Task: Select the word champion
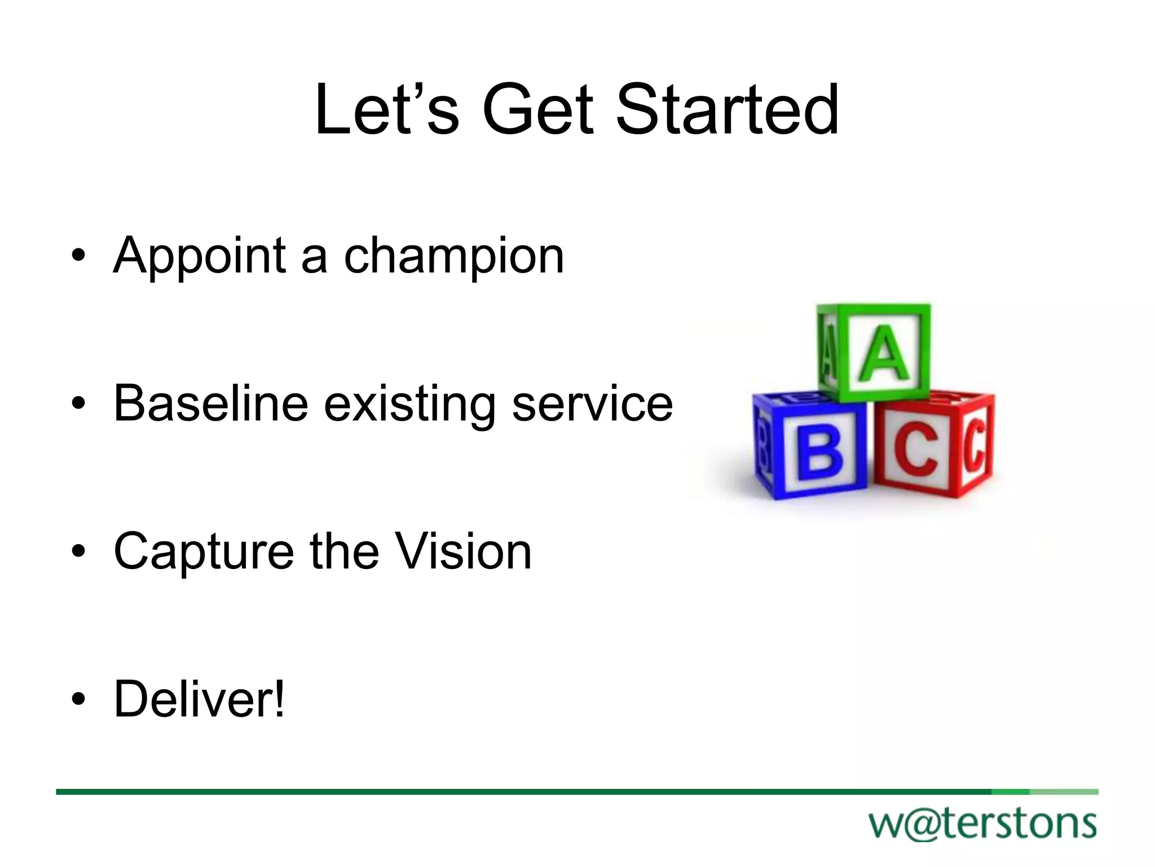[454, 257]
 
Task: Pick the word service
[592, 404]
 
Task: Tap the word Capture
[204, 552]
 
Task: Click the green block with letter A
[874, 352]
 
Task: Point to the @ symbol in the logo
[925, 825]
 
